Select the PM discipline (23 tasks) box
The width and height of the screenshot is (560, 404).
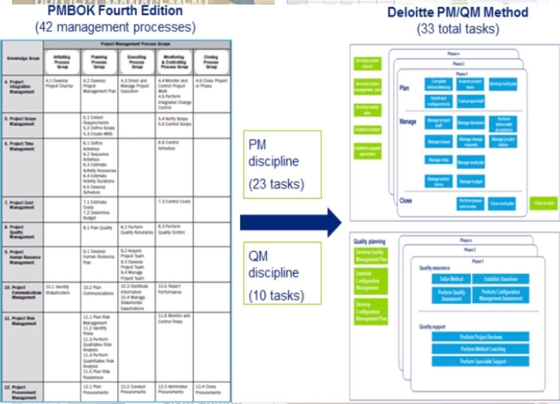point(282,164)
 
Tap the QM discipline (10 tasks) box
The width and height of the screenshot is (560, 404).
point(282,273)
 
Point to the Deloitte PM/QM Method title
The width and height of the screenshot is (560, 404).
point(458,12)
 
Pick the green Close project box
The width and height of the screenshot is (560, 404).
point(544,203)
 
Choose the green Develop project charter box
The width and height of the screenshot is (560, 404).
point(367,63)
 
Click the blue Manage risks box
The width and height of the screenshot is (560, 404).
point(439,160)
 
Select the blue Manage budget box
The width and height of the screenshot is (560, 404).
point(470,181)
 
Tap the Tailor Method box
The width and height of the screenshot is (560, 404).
point(450,279)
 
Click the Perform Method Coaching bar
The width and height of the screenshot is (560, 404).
point(480,349)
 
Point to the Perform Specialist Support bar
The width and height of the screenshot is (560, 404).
point(480,362)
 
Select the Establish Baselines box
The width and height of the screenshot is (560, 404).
point(500,279)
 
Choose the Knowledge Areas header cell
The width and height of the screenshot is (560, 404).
point(22,58)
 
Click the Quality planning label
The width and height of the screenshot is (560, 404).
point(369,241)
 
